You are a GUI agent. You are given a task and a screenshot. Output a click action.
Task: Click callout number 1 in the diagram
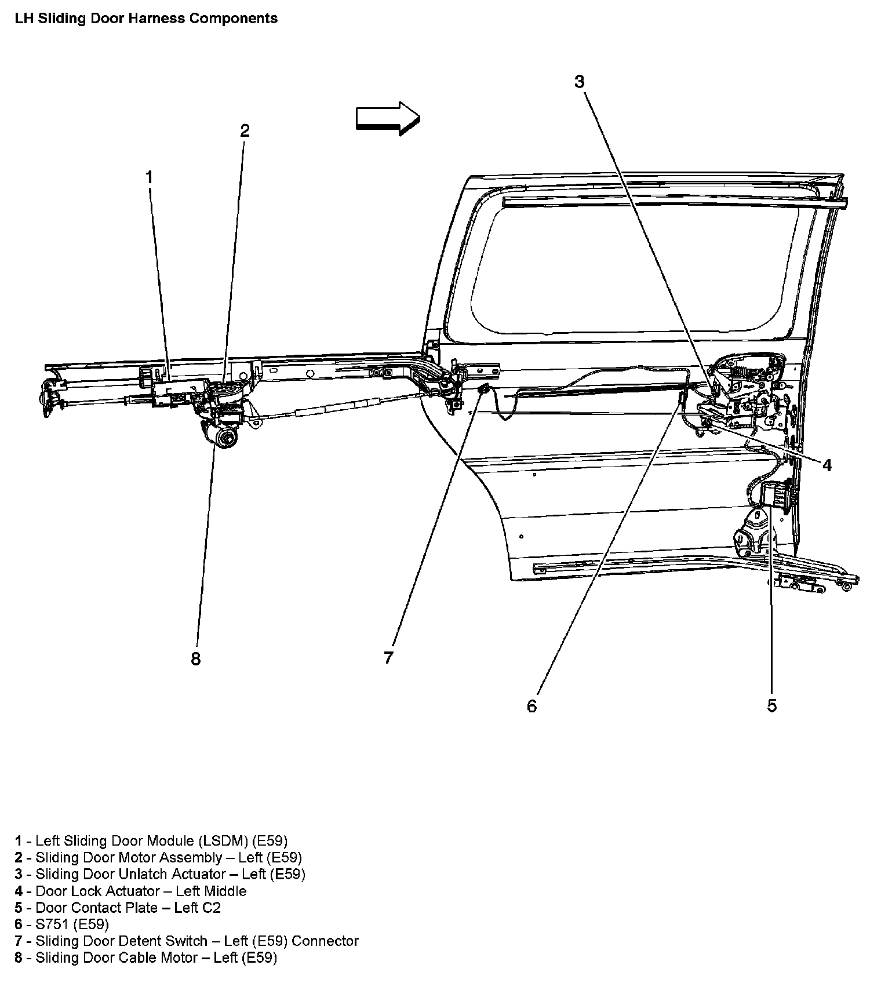point(149,177)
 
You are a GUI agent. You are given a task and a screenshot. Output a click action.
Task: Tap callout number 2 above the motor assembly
point(245,131)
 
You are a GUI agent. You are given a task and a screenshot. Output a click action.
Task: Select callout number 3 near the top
point(579,82)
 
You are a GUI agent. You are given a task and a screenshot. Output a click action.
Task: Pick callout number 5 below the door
point(771,705)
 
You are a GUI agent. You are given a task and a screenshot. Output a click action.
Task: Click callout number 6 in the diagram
point(531,706)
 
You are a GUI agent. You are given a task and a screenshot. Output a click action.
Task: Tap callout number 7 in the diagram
point(388,658)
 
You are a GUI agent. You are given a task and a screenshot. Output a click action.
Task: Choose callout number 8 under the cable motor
point(195,659)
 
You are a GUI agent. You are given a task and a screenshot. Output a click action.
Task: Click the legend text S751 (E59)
point(72,924)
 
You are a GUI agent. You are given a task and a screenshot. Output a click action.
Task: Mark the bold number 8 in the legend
point(19,957)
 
